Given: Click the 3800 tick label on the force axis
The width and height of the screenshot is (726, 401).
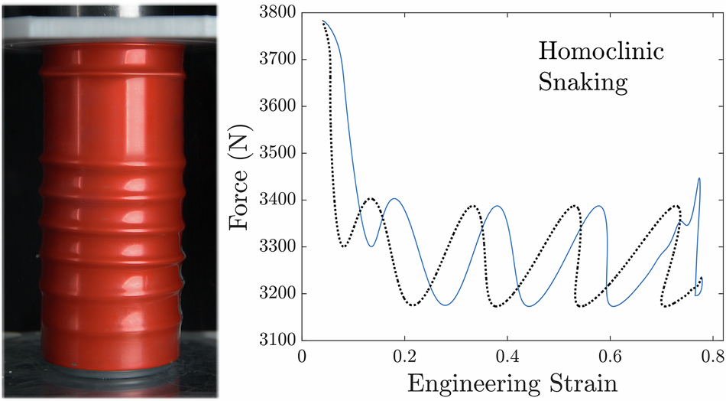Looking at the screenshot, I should point(277,12).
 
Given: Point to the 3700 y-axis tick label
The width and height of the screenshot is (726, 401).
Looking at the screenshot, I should point(277,59).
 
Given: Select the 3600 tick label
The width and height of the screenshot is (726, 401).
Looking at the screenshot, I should point(277,106).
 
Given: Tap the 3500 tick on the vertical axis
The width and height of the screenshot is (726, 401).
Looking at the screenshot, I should point(277,153).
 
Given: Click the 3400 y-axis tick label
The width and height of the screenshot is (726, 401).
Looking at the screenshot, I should point(277,200).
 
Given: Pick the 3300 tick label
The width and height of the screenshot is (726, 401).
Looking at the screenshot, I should point(277,246).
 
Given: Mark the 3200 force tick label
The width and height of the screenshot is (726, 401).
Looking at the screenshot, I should point(277,293).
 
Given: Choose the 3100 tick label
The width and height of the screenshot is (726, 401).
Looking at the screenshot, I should point(277,340).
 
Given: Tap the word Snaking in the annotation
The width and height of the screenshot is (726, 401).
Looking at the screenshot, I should point(583,82).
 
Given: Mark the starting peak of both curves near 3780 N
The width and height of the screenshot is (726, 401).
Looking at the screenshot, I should point(323,21).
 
